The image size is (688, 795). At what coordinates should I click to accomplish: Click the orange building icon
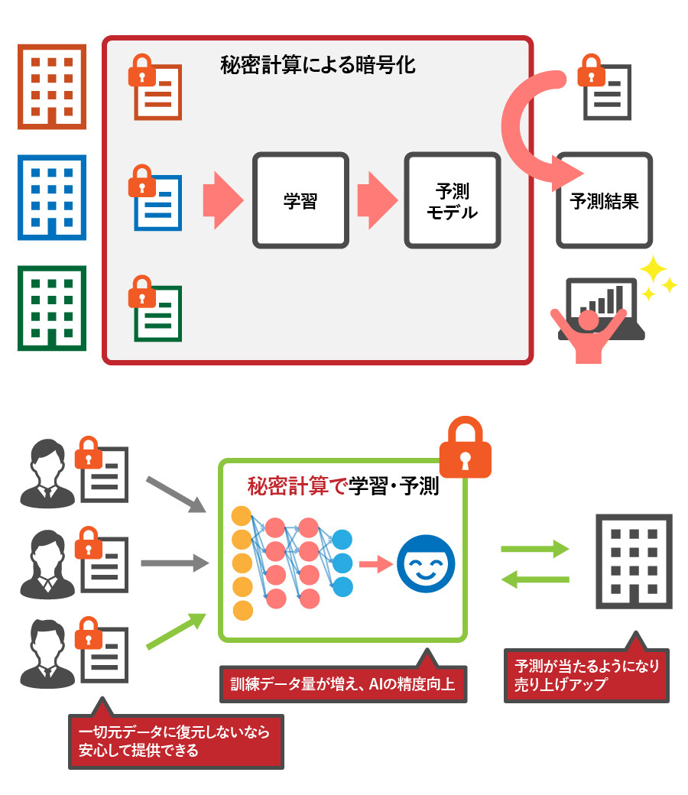[x=51, y=85]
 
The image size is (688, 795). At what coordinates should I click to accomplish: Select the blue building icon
[x=51, y=196]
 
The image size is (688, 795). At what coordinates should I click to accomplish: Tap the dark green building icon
[x=51, y=307]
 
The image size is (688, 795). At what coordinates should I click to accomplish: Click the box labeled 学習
[x=300, y=200]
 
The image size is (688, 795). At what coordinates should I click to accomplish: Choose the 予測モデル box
[x=452, y=200]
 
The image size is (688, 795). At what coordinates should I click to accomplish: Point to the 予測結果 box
[x=604, y=200]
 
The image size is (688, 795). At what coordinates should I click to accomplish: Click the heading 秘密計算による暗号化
[x=316, y=65]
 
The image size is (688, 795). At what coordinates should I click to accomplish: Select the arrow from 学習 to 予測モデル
[x=378, y=200]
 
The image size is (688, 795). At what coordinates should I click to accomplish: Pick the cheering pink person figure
[x=589, y=333]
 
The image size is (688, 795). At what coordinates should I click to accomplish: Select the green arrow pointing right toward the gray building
[x=534, y=549]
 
